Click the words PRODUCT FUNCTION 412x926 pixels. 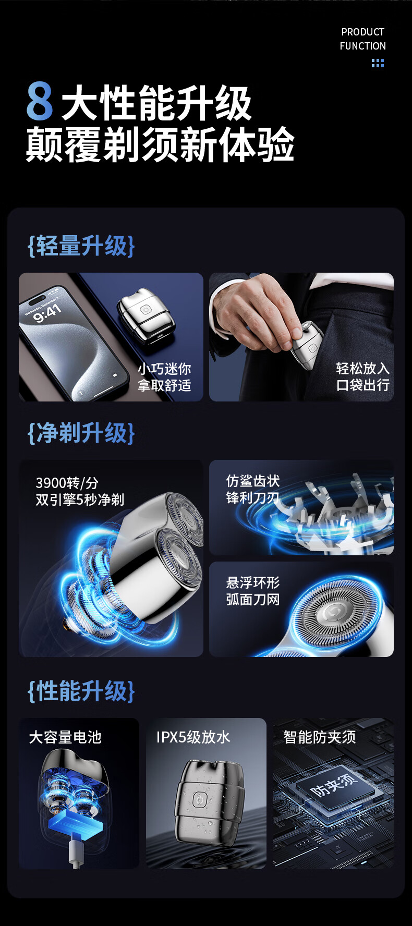pyautogui.click(x=363, y=39)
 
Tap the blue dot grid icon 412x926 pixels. pyautogui.click(x=378, y=63)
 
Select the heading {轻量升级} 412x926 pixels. pyautogui.click(x=81, y=246)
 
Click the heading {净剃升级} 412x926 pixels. pyautogui.click(x=81, y=433)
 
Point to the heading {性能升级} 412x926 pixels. pyautogui.click(x=81, y=691)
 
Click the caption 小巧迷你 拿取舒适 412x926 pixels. pyautogui.click(x=164, y=377)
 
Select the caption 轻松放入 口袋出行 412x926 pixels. pyautogui.click(x=363, y=376)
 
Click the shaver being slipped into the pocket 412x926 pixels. pyautogui.click(x=307, y=345)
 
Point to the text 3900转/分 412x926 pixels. pyautogui.click(x=67, y=483)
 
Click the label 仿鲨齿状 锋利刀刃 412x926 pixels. pyautogui.click(x=253, y=489)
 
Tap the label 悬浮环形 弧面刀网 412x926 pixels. pyautogui.click(x=253, y=591)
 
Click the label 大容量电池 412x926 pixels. pyautogui.click(x=65, y=737)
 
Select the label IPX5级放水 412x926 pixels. pyautogui.click(x=193, y=737)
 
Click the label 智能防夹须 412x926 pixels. pyautogui.click(x=320, y=737)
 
